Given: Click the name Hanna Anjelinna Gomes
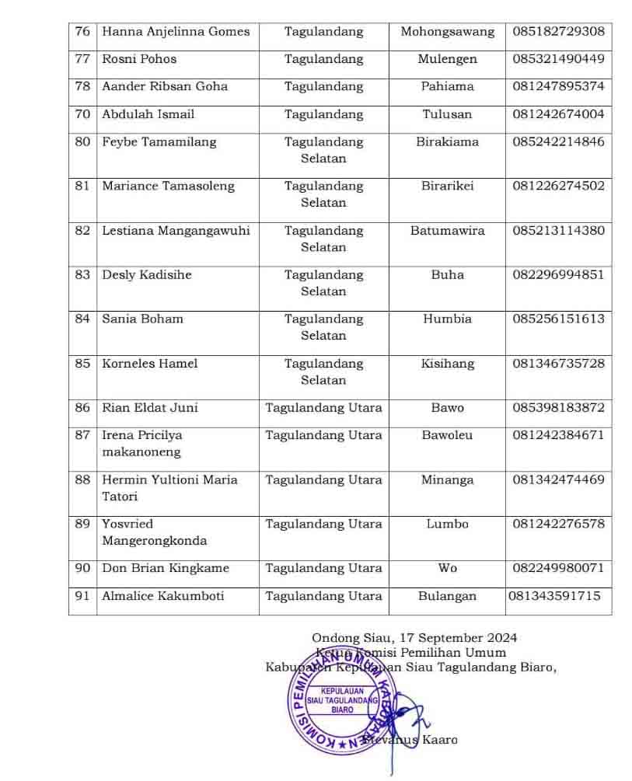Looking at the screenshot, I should point(176,32).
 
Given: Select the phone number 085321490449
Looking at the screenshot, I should point(558,59).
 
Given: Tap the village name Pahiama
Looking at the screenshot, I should point(447,86).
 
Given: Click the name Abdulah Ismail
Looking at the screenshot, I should point(148,114).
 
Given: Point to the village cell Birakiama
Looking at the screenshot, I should point(447,142).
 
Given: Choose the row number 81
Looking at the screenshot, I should point(82,187).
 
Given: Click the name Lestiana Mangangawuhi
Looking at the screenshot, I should point(176,231).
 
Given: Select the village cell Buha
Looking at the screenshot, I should point(447,275).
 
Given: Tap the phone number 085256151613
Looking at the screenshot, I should point(558,319).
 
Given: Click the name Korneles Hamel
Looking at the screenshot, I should point(149,364).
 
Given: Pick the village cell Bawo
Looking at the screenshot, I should point(447,408).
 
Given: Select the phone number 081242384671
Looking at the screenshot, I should point(558,436).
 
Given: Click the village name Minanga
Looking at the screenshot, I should point(447,480).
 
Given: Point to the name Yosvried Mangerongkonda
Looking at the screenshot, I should point(154,532).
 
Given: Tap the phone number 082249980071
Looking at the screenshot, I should point(558,569).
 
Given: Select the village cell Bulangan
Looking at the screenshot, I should point(447,597).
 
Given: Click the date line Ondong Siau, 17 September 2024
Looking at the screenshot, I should point(414,639).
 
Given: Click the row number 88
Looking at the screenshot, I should point(82,480).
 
